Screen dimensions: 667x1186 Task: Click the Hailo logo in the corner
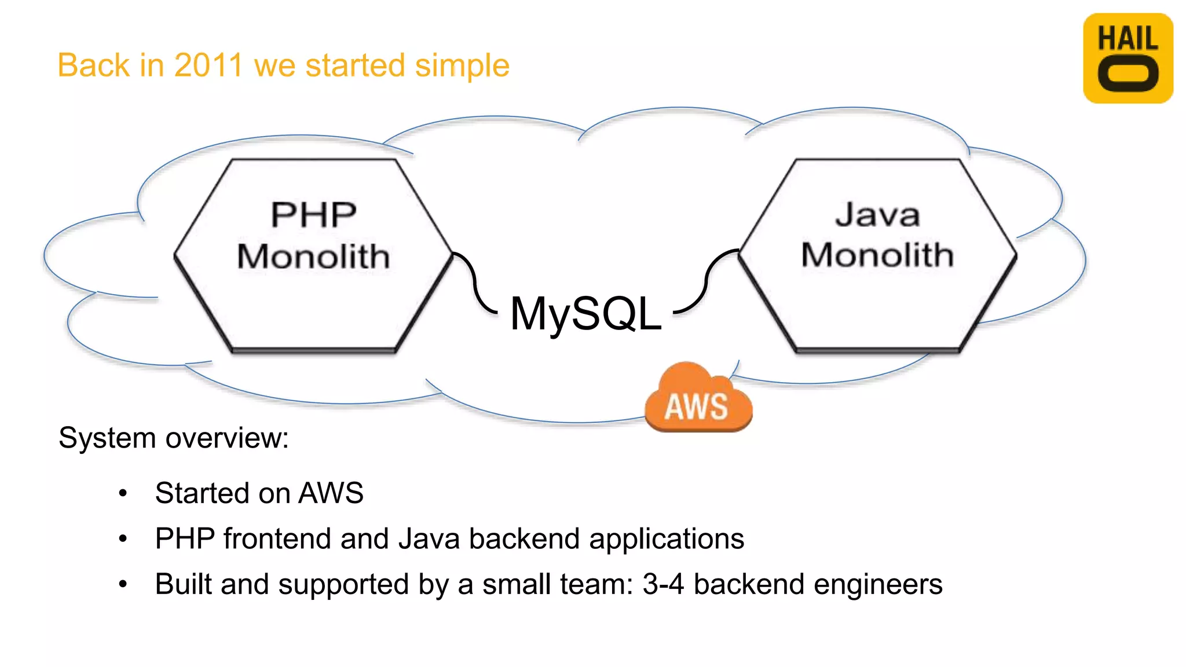click(1128, 58)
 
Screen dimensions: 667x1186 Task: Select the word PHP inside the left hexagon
click(313, 215)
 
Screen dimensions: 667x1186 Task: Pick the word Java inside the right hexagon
click(877, 215)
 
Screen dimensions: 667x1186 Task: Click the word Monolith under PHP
click(313, 256)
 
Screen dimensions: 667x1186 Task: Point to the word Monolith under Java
click(877, 255)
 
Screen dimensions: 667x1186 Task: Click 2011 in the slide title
click(208, 65)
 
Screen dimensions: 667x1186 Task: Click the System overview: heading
click(173, 438)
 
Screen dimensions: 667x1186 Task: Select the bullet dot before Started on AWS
click(123, 494)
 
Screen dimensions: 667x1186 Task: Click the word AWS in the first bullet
click(331, 493)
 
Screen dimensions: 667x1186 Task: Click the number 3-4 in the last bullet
click(663, 584)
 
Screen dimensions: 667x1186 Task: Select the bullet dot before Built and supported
click(123, 585)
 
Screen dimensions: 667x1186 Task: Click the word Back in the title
click(93, 65)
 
